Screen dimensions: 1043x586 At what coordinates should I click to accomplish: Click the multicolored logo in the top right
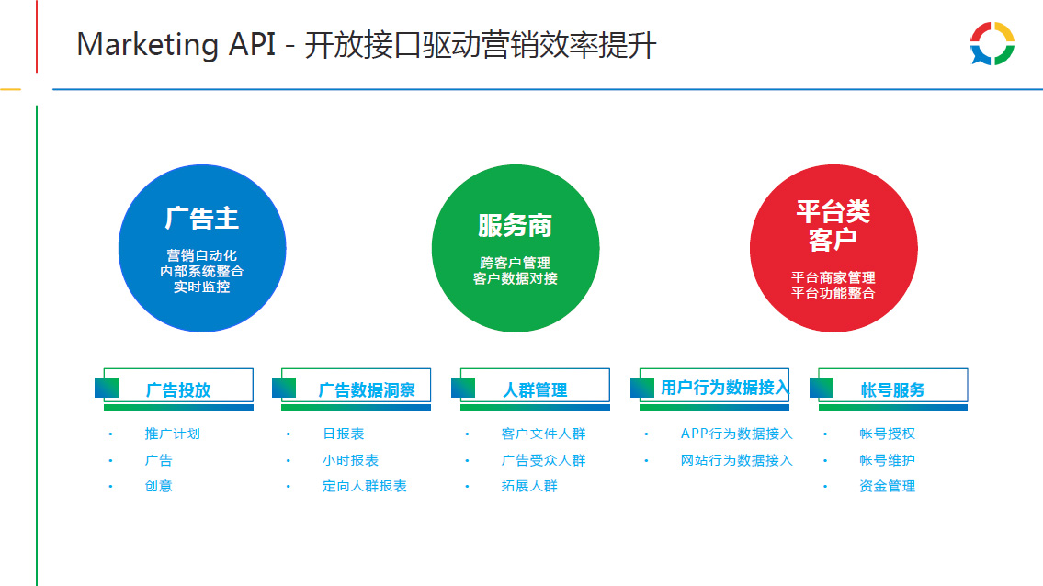pos(992,44)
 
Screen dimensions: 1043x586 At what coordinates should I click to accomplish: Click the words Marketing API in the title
pos(176,45)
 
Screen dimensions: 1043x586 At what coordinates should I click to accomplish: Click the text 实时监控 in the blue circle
pos(201,287)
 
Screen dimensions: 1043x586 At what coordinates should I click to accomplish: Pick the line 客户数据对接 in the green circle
pos(515,278)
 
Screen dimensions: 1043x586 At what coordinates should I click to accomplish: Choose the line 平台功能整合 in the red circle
pos(833,293)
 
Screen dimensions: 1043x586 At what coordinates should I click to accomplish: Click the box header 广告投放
pos(177,389)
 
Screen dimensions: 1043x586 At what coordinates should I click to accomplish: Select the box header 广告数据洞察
pos(367,389)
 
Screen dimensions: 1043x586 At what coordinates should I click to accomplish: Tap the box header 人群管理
pos(535,389)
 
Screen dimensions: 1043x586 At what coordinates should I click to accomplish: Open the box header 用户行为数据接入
pos(724,387)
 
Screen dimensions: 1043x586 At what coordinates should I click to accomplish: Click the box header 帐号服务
pos(892,389)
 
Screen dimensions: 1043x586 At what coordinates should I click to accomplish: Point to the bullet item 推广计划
pos(172,434)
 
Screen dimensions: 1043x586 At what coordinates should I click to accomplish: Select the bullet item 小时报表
pos(350,460)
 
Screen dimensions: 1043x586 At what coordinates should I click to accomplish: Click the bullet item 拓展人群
pos(529,486)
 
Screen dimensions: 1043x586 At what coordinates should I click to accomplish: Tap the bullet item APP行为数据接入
pos(736,434)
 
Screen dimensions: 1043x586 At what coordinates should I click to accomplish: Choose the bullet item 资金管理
pos(888,486)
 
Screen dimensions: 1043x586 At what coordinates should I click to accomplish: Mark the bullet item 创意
pos(158,486)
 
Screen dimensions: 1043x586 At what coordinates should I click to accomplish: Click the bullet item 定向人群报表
pos(365,486)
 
